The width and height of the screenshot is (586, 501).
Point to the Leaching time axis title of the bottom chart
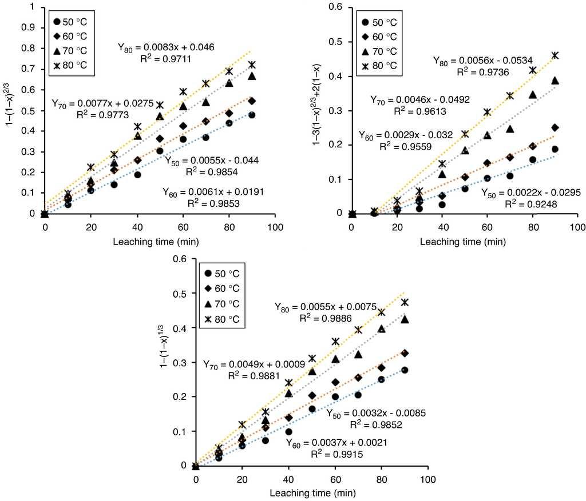311,491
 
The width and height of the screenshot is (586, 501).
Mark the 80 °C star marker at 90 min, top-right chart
555,55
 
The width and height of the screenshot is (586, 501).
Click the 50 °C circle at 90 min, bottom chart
404,370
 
